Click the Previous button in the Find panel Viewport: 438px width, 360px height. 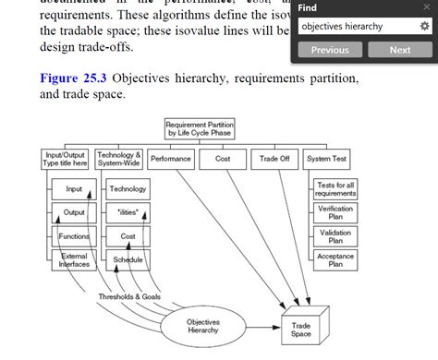330,50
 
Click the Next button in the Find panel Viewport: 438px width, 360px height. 399,50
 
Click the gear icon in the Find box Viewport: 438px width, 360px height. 424,27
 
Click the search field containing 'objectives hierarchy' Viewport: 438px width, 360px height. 356,27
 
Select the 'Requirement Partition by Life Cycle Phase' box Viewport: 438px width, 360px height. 199,128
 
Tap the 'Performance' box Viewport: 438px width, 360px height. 170,159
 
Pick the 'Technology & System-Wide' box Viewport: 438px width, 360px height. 119,159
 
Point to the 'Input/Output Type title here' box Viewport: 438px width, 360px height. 66,159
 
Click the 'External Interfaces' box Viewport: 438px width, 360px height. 74,260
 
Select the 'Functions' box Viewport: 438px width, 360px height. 74,236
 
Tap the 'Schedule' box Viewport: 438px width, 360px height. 128,260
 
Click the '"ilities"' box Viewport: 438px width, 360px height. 128,212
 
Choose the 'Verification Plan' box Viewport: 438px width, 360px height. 335,212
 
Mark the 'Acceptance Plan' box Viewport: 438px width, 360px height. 335,260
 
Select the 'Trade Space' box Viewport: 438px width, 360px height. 301,330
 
